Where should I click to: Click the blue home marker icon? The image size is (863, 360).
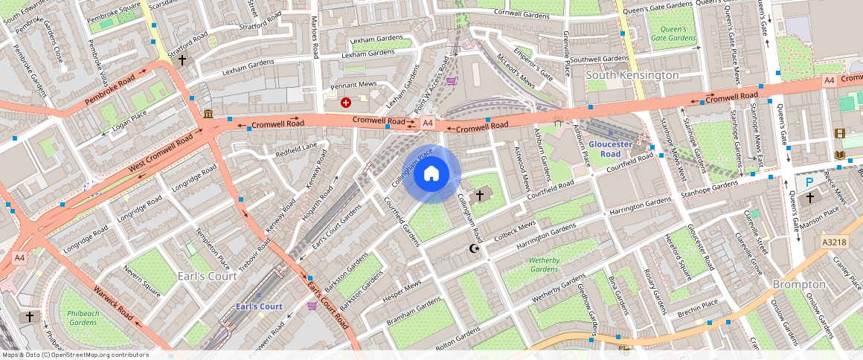pyautogui.click(x=431, y=174)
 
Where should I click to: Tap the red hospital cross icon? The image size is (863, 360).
pyautogui.click(x=345, y=103)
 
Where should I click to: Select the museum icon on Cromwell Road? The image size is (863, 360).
pyautogui.click(x=207, y=114)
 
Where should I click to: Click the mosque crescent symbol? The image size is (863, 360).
pyautogui.click(x=474, y=249)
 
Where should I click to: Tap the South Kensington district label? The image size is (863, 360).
pyautogui.click(x=632, y=75)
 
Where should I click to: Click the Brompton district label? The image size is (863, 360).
pyautogui.click(x=798, y=284)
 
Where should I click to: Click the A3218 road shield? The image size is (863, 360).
pyautogui.click(x=834, y=242)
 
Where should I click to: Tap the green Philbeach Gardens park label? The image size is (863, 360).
pyautogui.click(x=83, y=318)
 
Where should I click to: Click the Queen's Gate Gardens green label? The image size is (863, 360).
pyautogui.click(x=673, y=33)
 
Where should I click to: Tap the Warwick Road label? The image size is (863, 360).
pyautogui.click(x=113, y=304)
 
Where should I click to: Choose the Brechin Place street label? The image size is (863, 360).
pyautogui.click(x=697, y=303)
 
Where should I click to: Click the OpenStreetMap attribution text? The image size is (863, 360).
pyautogui.click(x=74, y=355)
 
